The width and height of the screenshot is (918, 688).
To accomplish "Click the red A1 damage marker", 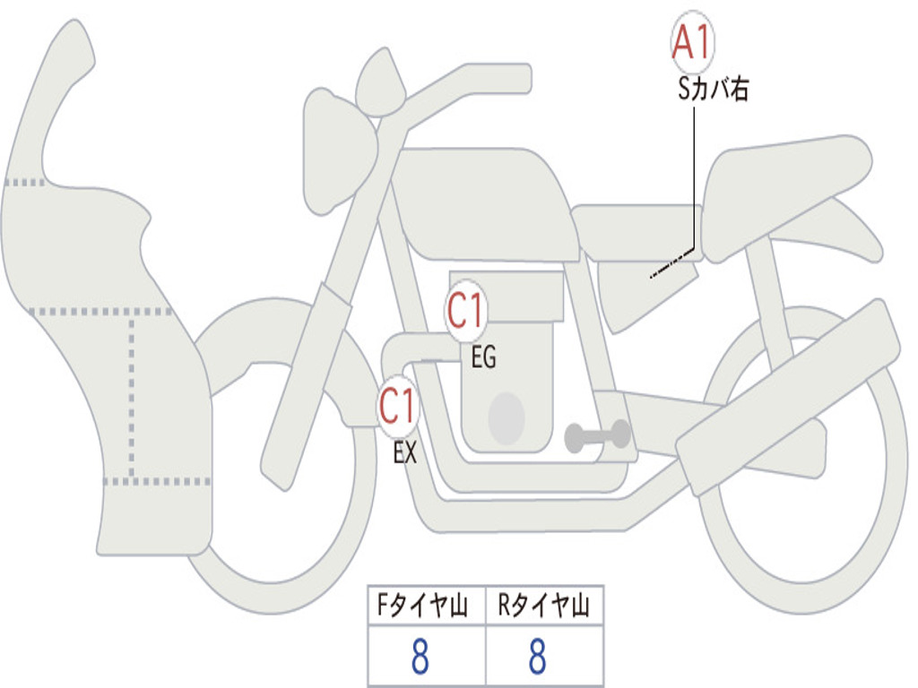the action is click(x=693, y=43).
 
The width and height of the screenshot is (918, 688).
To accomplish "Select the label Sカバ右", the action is click(x=714, y=90).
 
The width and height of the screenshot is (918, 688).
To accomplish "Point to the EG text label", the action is click(x=482, y=358).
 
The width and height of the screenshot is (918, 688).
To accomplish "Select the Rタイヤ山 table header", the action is click(x=544, y=606).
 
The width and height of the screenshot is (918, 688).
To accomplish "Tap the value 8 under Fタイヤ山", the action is click(x=420, y=658).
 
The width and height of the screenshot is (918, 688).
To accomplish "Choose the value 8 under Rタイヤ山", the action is click(x=537, y=658).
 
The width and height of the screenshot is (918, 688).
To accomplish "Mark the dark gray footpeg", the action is click(x=596, y=436).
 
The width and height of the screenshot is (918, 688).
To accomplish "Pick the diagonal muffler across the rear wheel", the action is click(x=789, y=385).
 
